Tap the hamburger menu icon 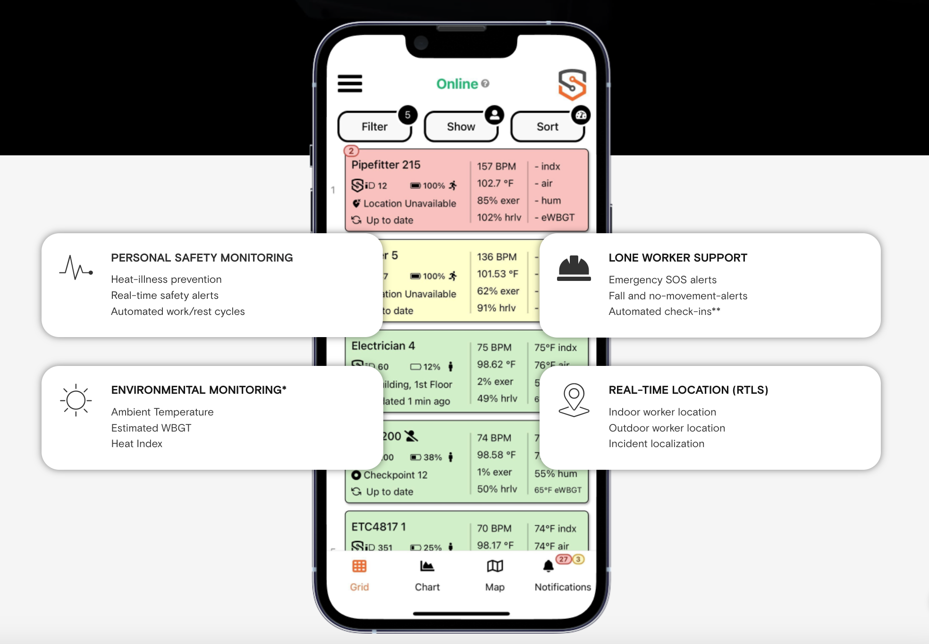[350, 84]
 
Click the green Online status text [457, 84]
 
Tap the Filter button [375, 127]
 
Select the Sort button [547, 127]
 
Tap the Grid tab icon [359, 566]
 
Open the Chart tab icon [427, 566]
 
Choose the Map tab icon [495, 566]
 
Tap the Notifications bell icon [548, 566]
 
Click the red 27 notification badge [563, 559]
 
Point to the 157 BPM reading [496, 166]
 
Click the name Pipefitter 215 [386, 165]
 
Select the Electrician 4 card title [383, 346]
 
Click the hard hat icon [574, 268]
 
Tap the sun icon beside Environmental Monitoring [76, 400]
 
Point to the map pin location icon [574, 399]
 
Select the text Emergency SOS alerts [662, 280]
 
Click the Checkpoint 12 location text [395, 475]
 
